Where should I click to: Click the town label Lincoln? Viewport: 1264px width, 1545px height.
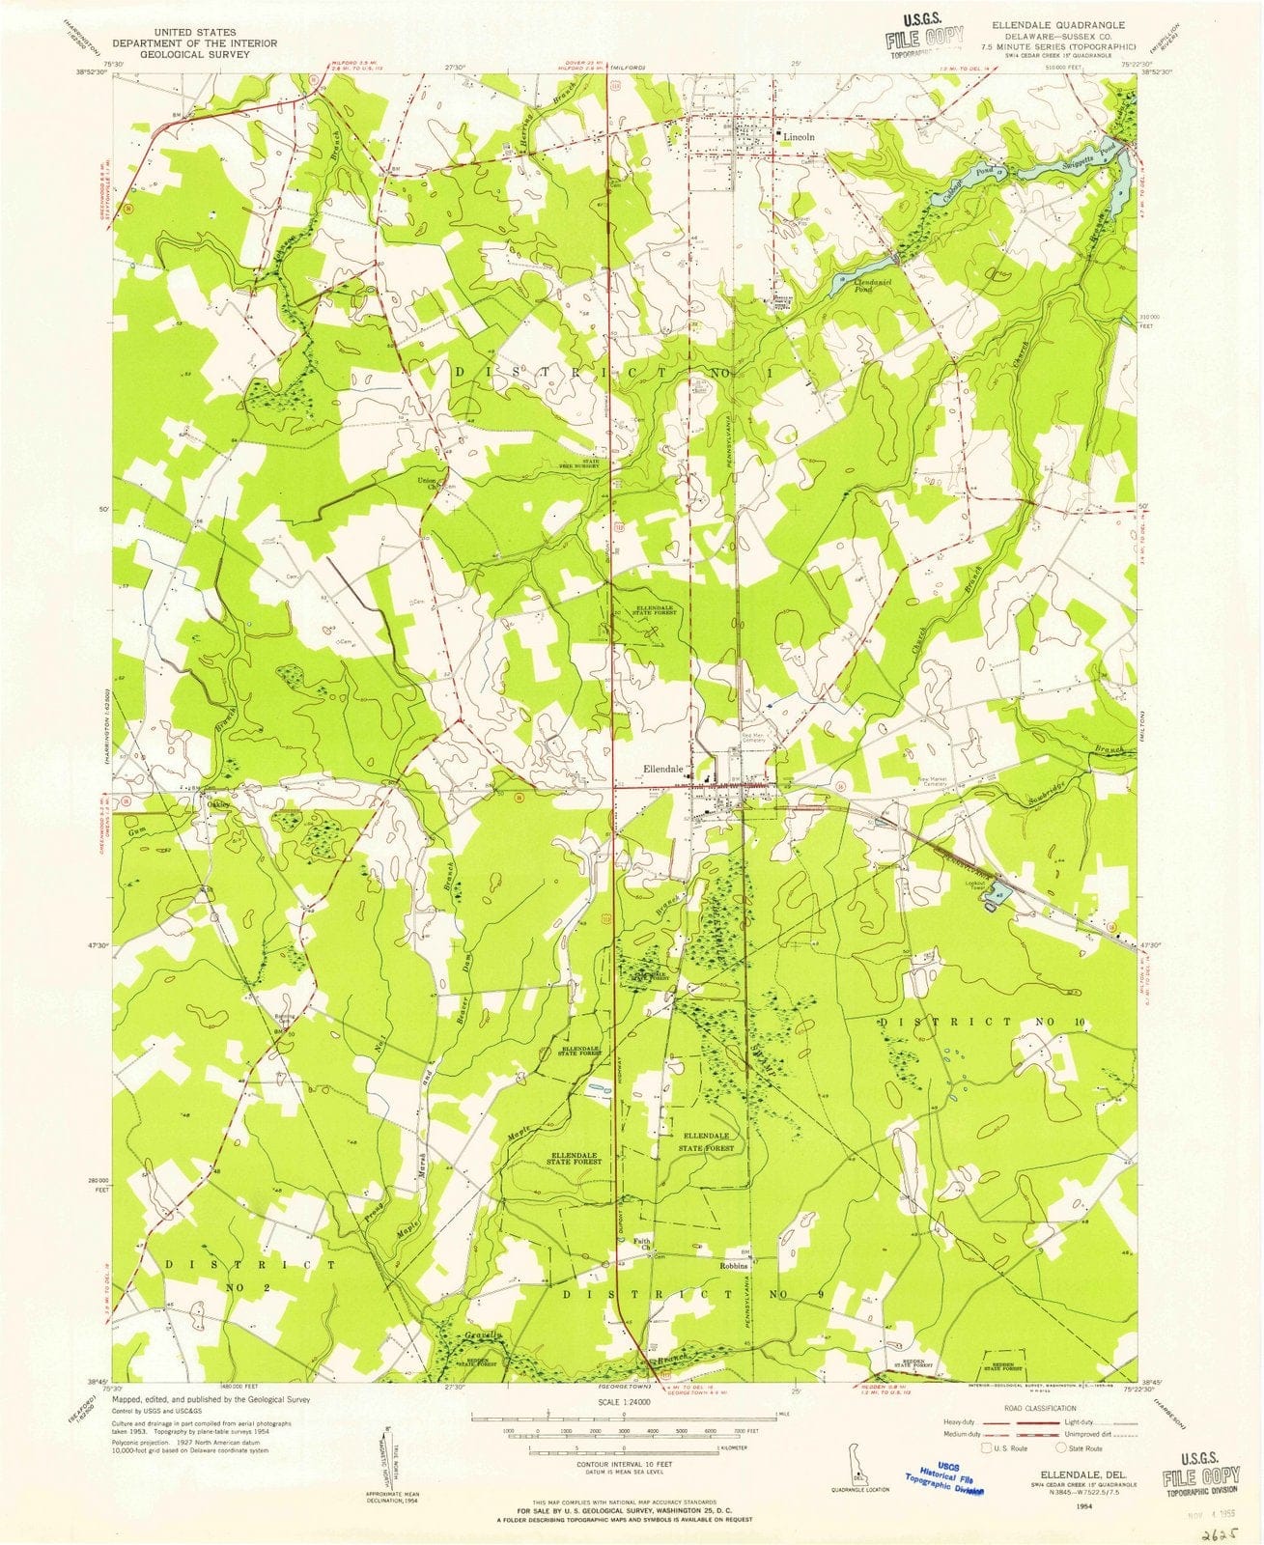click(x=799, y=137)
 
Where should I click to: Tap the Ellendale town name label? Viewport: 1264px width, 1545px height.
click(x=664, y=770)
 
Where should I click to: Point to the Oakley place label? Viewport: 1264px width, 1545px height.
click(x=215, y=801)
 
